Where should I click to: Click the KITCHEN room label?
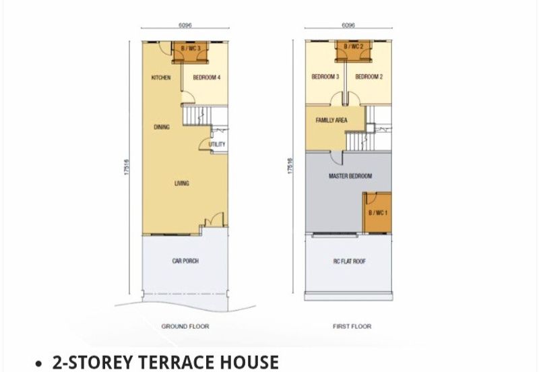[x=161, y=77]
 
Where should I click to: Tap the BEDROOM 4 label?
[x=207, y=77]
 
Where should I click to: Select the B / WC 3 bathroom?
[x=191, y=52]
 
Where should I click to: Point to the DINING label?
[x=162, y=127]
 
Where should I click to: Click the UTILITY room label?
[x=217, y=144]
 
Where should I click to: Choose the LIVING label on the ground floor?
[x=181, y=183]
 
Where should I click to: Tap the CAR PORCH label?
[x=185, y=261]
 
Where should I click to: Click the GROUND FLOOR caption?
[x=185, y=326]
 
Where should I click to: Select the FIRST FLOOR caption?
[x=352, y=326]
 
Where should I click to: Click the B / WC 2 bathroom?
[x=354, y=51]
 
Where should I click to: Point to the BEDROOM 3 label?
[x=325, y=77]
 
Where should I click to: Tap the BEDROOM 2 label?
[x=369, y=77]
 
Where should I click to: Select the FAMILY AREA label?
[x=331, y=120]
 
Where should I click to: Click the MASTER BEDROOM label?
[x=350, y=176]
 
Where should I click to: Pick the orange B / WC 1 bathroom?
[x=377, y=212]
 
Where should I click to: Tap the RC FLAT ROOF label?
[x=349, y=261]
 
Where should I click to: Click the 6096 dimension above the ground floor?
[x=185, y=25]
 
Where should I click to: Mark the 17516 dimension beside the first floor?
[x=290, y=166]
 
